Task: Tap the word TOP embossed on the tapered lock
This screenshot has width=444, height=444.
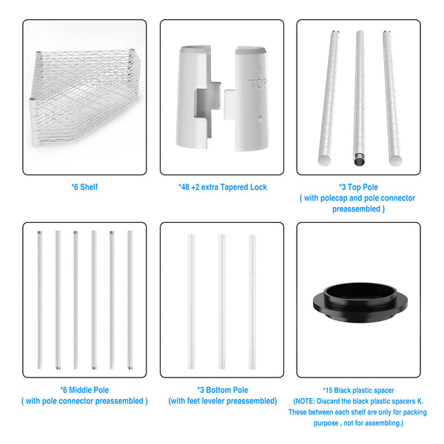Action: click(258, 84)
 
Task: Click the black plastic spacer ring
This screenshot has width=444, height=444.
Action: click(360, 303)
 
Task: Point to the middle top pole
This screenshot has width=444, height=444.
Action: click(360, 98)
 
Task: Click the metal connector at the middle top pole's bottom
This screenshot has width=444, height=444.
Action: click(360, 161)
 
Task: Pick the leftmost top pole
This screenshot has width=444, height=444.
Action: click(329, 98)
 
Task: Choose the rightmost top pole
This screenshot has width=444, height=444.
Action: click(392, 98)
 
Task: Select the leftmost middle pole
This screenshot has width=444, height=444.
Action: click(40, 300)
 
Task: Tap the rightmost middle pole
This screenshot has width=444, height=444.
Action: click(130, 300)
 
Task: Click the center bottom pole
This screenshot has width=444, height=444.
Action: click(222, 302)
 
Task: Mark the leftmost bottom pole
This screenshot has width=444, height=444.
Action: click(192, 302)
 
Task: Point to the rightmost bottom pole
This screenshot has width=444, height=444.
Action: click(252, 302)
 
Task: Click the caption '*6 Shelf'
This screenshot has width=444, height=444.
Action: click(84, 187)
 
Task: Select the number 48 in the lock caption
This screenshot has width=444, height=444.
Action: click(185, 187)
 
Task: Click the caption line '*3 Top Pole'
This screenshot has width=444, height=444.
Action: click(358, 187)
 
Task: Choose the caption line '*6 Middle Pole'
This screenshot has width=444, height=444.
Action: click(84, 390)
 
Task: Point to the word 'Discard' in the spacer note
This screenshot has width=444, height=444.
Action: click(328, 401)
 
